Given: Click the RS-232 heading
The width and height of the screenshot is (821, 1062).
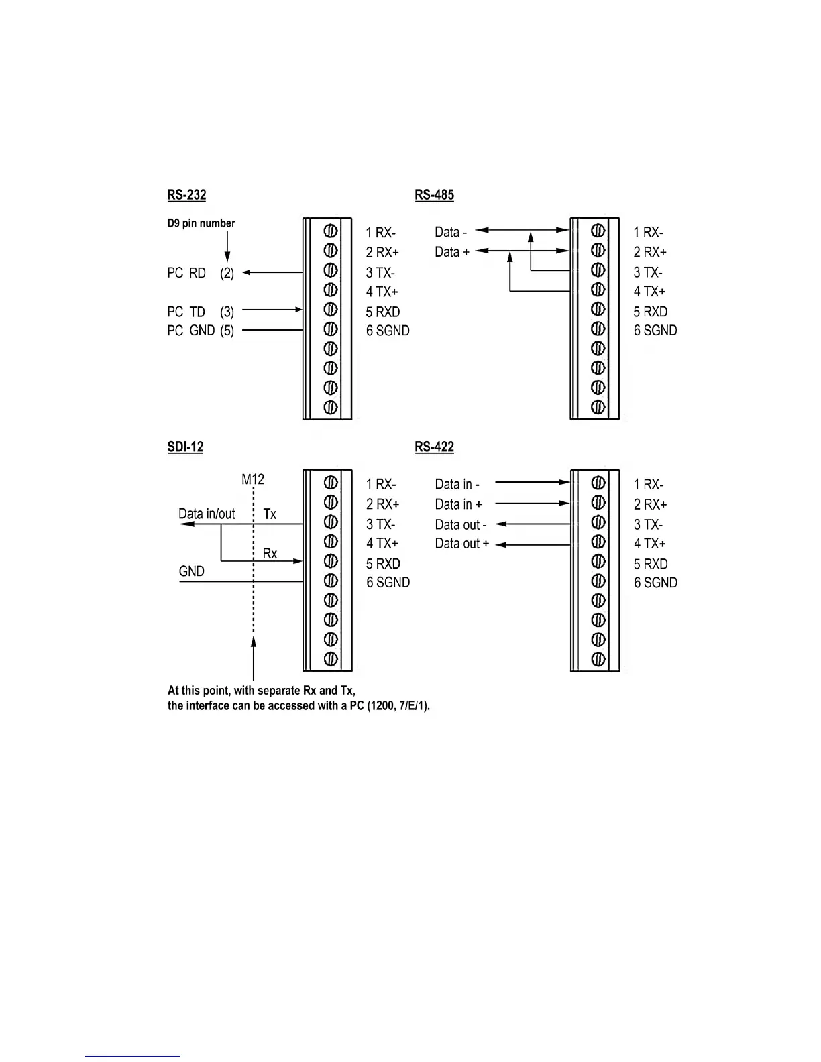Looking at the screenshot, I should (186, 195).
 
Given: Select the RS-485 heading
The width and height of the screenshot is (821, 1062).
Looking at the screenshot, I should (434, 195).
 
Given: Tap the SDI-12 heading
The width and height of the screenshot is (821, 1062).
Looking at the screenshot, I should (185, 447).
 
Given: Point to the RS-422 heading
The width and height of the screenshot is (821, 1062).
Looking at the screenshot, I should (434, 447).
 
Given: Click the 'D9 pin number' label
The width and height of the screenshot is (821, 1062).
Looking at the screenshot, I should (201, 223).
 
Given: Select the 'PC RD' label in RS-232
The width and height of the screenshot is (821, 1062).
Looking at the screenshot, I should (186, 273).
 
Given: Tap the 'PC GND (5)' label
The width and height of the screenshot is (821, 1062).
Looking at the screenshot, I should (201, 331).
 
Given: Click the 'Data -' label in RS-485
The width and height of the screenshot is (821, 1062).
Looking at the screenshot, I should (451, 232).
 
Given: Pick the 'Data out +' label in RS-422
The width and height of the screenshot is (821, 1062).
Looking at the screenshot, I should (462, 544).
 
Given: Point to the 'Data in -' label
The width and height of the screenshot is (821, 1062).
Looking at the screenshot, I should (457, 484).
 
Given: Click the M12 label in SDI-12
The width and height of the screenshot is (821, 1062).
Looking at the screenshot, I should (253, 479).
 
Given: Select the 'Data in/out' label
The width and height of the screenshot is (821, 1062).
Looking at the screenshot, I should (207, 514).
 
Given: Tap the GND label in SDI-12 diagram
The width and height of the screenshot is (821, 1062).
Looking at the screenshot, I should (191, 571).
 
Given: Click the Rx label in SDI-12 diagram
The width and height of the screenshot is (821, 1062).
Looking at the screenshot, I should (270, 554).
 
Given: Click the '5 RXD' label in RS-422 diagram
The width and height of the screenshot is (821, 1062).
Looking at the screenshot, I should (651, 564).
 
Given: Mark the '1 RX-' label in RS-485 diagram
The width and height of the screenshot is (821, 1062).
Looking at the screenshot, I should (649, 233).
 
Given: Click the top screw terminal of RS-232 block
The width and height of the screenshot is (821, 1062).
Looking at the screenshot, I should (330, 231).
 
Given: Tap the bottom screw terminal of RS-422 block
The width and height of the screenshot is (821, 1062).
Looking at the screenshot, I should (598, 659).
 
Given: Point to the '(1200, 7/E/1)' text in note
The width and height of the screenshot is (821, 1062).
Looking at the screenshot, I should (398, 706).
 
